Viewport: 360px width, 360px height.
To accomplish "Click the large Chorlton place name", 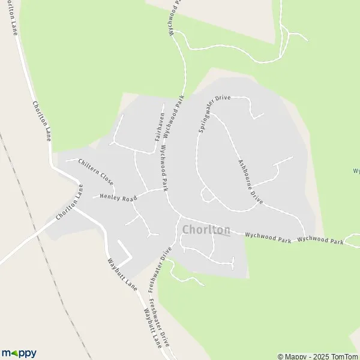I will coord(205,230).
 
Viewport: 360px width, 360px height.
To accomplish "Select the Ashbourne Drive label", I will coord(251,179).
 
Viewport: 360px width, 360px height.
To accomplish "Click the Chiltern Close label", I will coord(96,171).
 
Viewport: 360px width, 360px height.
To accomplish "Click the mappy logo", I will coord(19,353).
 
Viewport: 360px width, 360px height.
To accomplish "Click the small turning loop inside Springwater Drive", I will coord(208,194).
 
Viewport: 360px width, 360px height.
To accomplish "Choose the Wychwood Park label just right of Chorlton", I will coord(268,238).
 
